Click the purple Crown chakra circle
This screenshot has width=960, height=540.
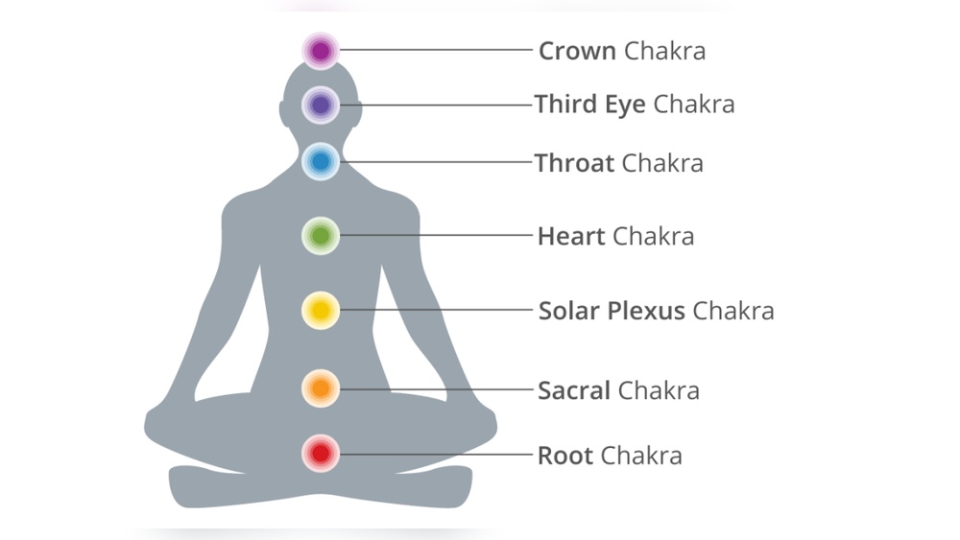[x=321, y=50]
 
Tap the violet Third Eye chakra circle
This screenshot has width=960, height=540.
[x=321, y=105]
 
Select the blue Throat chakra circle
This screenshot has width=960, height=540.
[x=321, y=162]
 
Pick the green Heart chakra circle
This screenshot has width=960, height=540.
[x=321, y=235]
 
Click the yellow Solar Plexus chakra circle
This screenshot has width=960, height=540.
[x=321, y=310]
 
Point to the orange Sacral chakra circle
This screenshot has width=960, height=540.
[x=321, y=388]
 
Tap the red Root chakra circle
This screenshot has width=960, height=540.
[x=321, y=453]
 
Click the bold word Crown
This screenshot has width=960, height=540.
[x=577, y=51]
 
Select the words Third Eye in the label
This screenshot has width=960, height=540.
[x=590, y=104]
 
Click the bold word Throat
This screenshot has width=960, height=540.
[x=574, y=163]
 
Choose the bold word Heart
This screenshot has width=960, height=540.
[x=571, y=236]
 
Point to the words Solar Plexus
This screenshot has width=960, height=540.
[x=612, y=311]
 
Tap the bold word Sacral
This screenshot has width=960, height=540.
[x=574, y=390]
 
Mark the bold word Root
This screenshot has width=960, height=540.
[x=565, y=455]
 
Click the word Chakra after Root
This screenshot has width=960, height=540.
[x=641, y=455]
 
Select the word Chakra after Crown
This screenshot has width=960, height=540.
[x=664, y=51]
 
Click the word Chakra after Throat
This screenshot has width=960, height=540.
[x=662, y=163]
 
